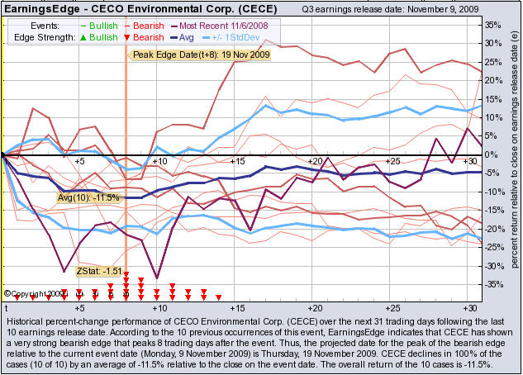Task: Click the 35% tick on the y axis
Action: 492,24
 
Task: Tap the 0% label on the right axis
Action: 489,154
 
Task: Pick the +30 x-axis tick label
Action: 468,161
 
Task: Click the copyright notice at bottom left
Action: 33,293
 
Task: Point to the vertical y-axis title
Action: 514,157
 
